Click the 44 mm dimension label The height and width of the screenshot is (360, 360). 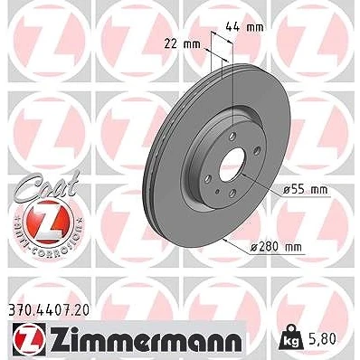244,27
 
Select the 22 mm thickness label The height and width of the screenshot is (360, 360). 182,44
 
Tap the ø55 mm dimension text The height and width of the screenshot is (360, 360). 305,190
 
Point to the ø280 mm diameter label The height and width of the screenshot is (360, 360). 276,247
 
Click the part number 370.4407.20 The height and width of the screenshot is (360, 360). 48,310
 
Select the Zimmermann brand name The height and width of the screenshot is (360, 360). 146,340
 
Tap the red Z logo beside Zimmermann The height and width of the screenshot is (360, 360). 29,339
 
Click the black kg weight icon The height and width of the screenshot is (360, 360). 290,338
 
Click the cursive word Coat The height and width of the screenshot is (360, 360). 48,185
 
